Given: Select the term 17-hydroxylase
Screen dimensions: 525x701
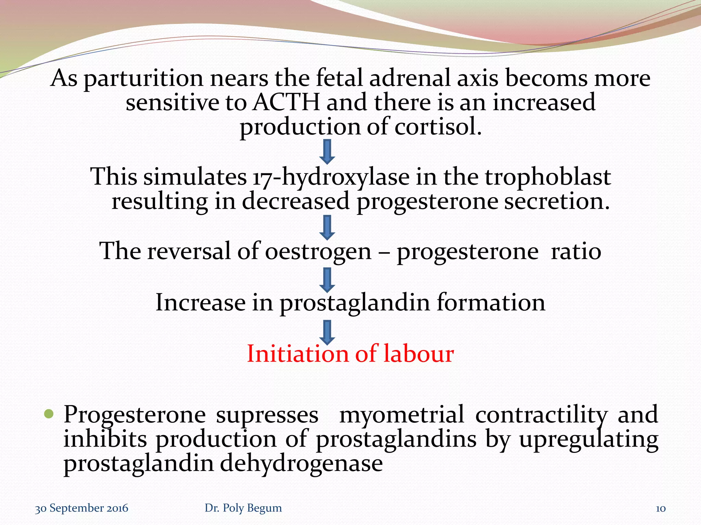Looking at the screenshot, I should tap(331, 177).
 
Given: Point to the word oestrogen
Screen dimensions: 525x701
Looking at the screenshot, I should tap(318, 251).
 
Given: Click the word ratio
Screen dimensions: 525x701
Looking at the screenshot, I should tap(576, 251).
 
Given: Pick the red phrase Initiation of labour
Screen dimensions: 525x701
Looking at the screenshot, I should tap(350, 353).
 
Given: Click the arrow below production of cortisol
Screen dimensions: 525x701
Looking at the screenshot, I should tap(327, 151).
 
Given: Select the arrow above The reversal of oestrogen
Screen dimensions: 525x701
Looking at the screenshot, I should tap(327, 227).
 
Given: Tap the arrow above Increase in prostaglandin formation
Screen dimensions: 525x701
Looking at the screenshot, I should tap(327, 280).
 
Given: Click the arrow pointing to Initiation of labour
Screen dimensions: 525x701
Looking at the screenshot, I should tap(327, 332).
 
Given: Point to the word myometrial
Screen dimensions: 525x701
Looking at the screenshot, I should tap(401, 415).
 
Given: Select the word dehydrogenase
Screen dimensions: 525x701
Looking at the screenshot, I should tap(301, 464).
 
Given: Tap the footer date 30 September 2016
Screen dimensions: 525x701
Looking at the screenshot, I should tap(81, 508).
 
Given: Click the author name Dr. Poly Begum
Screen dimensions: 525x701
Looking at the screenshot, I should tap(243, 508).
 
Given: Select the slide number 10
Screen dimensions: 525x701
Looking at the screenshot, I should tap(660, 509).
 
